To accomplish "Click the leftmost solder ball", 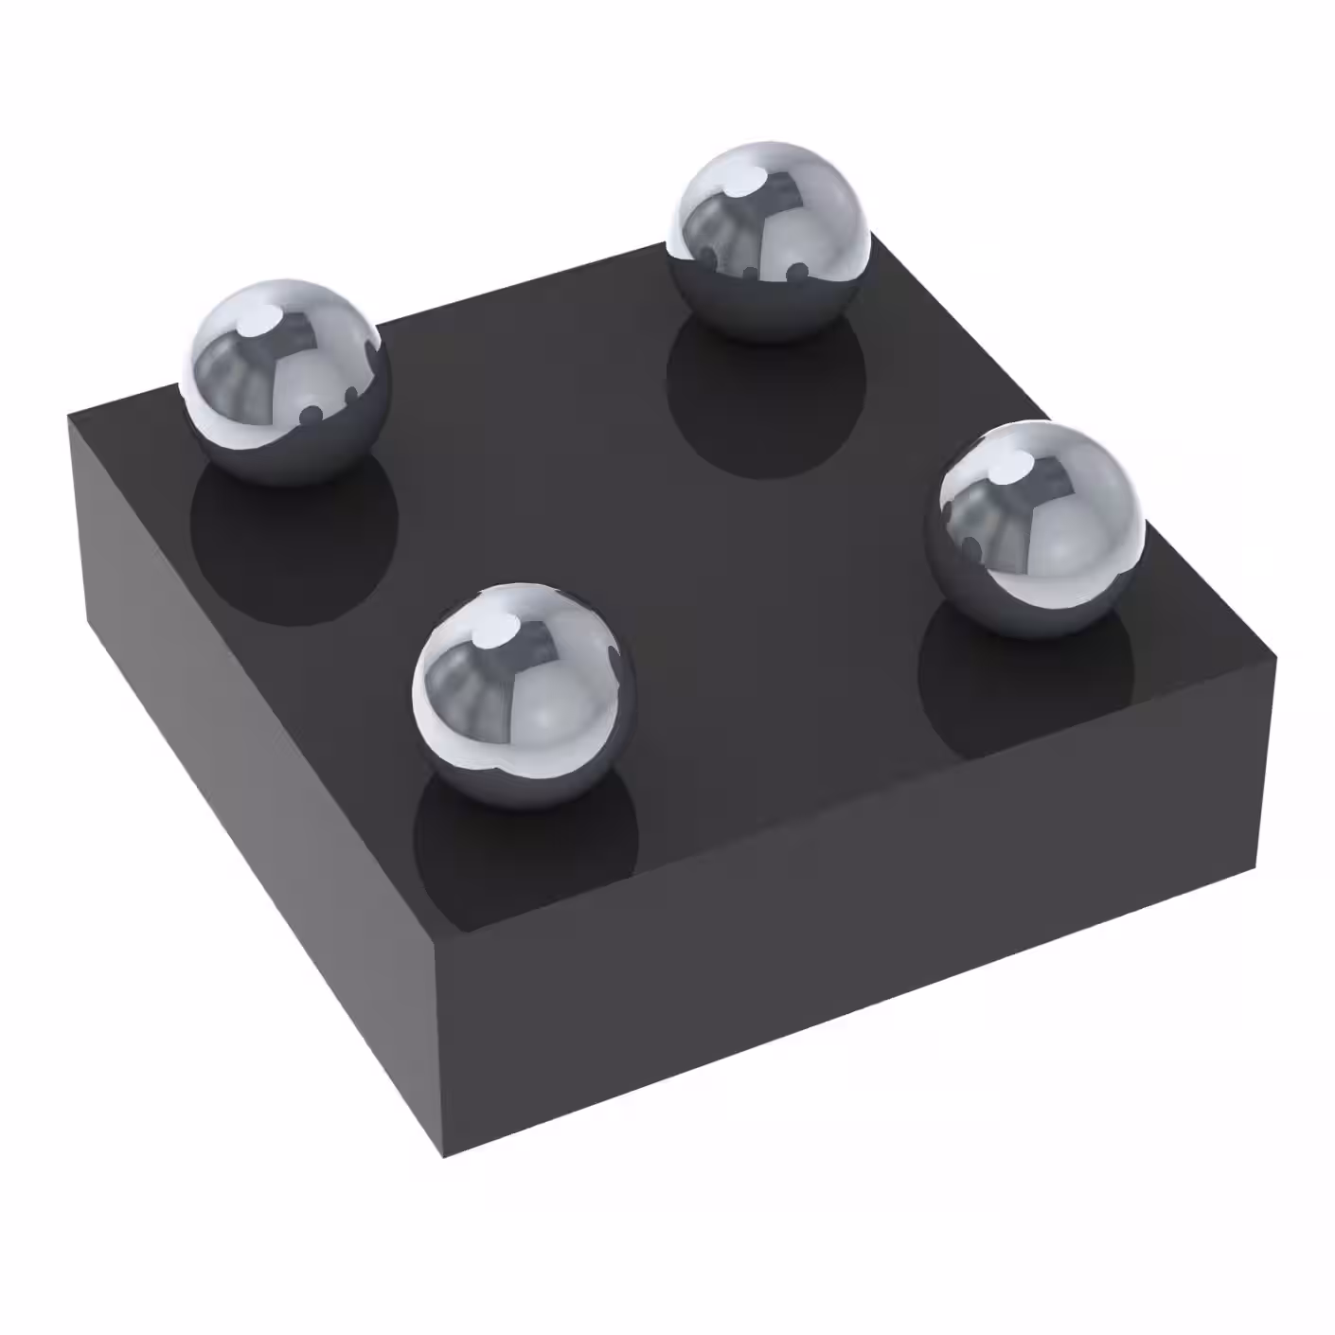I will (286, 381).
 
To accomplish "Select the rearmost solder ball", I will (768, 240).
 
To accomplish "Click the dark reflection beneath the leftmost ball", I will (294, 549).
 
